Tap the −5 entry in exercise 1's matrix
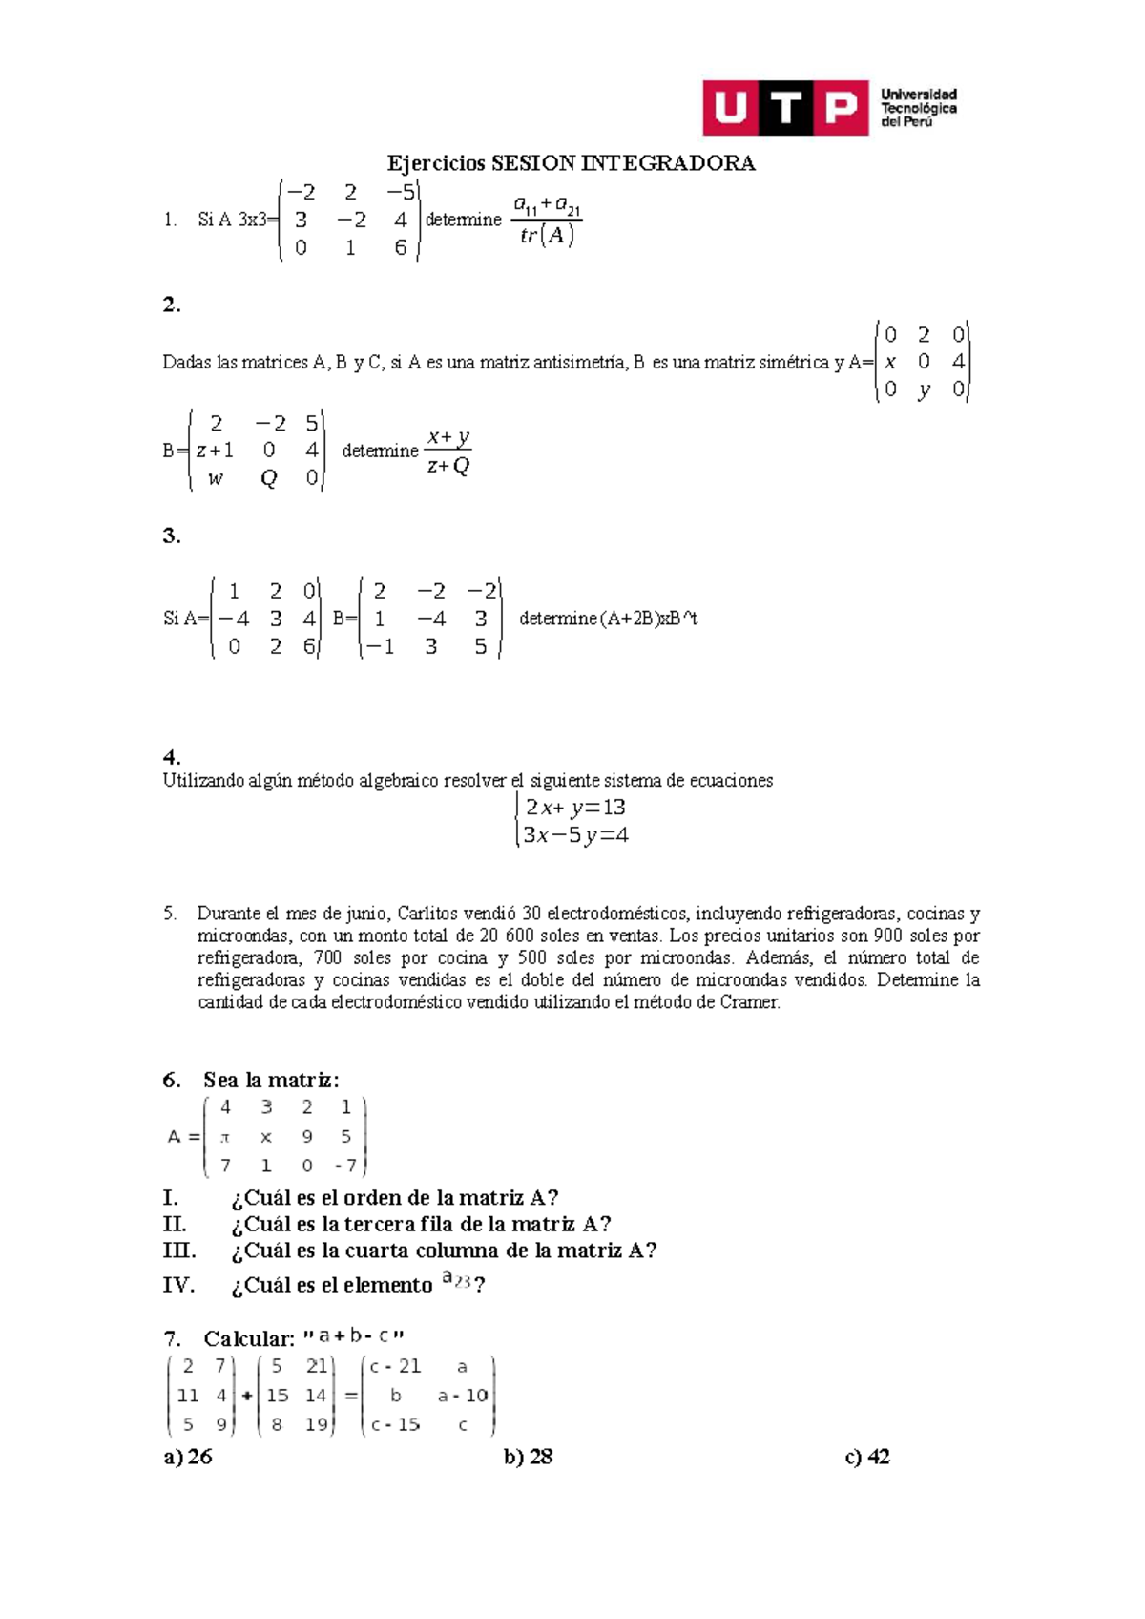pos(400,192)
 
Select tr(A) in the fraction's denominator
pos(547,235)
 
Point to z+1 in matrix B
pos(215,451)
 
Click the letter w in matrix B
pos(216,478)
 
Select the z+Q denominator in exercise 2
pos(448,466)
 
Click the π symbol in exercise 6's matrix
pos(225,1137)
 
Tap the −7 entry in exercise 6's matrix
pos(345,1166)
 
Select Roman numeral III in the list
pos(179,1251)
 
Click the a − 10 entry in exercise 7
pos(462,1396)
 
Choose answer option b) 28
pos(529,1457)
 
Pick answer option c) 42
pos(867,1457)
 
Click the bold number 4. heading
pos(172,758)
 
